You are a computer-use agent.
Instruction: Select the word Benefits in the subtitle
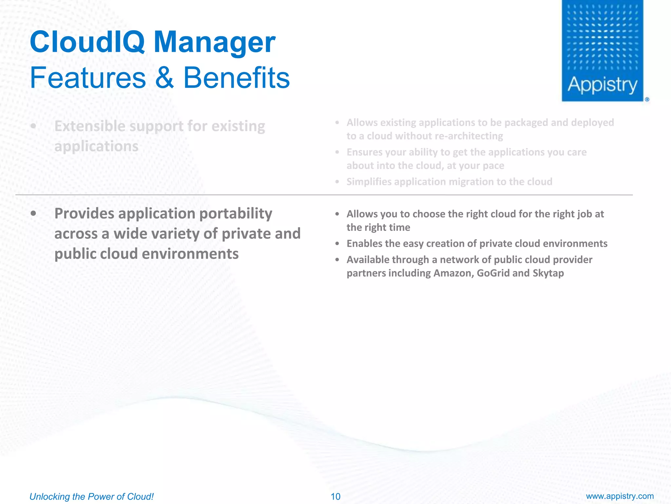coord(237,78)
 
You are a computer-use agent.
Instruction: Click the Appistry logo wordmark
coord(602,85)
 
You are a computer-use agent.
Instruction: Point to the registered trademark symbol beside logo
coord(647,99)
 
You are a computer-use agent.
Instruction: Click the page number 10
coord(335,496)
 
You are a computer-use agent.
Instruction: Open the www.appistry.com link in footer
coord(620,496)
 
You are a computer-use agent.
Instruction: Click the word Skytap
coord(548,273)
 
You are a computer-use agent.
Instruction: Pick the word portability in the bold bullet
coord(236,214)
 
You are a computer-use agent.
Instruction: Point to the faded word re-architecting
coord(469,136)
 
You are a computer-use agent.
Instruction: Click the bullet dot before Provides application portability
coord(33,214)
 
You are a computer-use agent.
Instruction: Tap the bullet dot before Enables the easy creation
coord(337,244)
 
